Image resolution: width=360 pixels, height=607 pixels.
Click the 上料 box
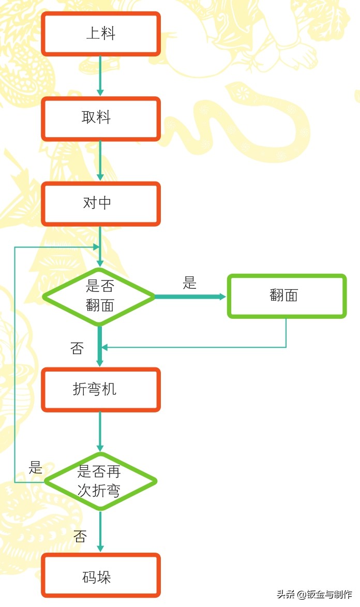101,34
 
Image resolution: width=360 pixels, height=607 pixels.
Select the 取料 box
101,119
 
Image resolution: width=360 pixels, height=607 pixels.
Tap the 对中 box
101,203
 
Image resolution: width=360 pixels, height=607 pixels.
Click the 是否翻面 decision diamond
99,296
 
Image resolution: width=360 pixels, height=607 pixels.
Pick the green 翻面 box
287,295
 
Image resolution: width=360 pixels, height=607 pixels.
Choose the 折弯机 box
101,390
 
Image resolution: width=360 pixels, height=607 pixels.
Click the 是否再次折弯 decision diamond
100,481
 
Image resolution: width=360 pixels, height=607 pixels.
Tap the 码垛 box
101,576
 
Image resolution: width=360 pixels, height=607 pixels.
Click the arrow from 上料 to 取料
100,76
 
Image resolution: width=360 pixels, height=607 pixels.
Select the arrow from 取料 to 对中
100,160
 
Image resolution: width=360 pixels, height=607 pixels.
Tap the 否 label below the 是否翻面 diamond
77,348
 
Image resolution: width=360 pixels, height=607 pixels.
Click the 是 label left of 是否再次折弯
35,468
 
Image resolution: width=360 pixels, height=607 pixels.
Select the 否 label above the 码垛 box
80,536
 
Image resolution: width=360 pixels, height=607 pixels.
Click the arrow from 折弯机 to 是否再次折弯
100,431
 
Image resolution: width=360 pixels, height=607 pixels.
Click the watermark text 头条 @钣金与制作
314,595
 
